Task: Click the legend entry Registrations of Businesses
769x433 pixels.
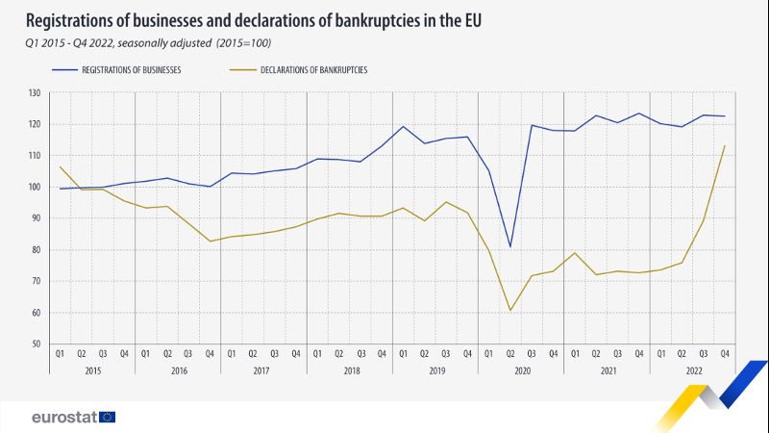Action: (132, 70)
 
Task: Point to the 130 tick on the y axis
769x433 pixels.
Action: (35, 93)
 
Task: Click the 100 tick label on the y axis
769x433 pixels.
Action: (35, 188)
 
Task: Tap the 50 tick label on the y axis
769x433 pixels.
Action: (37, 344)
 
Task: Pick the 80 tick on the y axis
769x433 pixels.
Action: (37, 250)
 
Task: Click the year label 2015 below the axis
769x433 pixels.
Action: (91, 370)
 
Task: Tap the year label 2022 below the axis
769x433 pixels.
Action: (692, 370)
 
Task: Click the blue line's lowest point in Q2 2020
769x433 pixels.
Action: (510, 246)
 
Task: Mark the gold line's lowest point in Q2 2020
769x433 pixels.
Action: (510, 310)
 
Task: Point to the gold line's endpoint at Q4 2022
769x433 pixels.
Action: (725, 146)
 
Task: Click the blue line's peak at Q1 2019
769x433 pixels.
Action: (403, 126)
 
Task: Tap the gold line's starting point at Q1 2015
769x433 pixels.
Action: (60, 166)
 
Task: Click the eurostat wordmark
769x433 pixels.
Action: (62, 417)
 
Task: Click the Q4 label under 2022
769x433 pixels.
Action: (725, 353)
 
